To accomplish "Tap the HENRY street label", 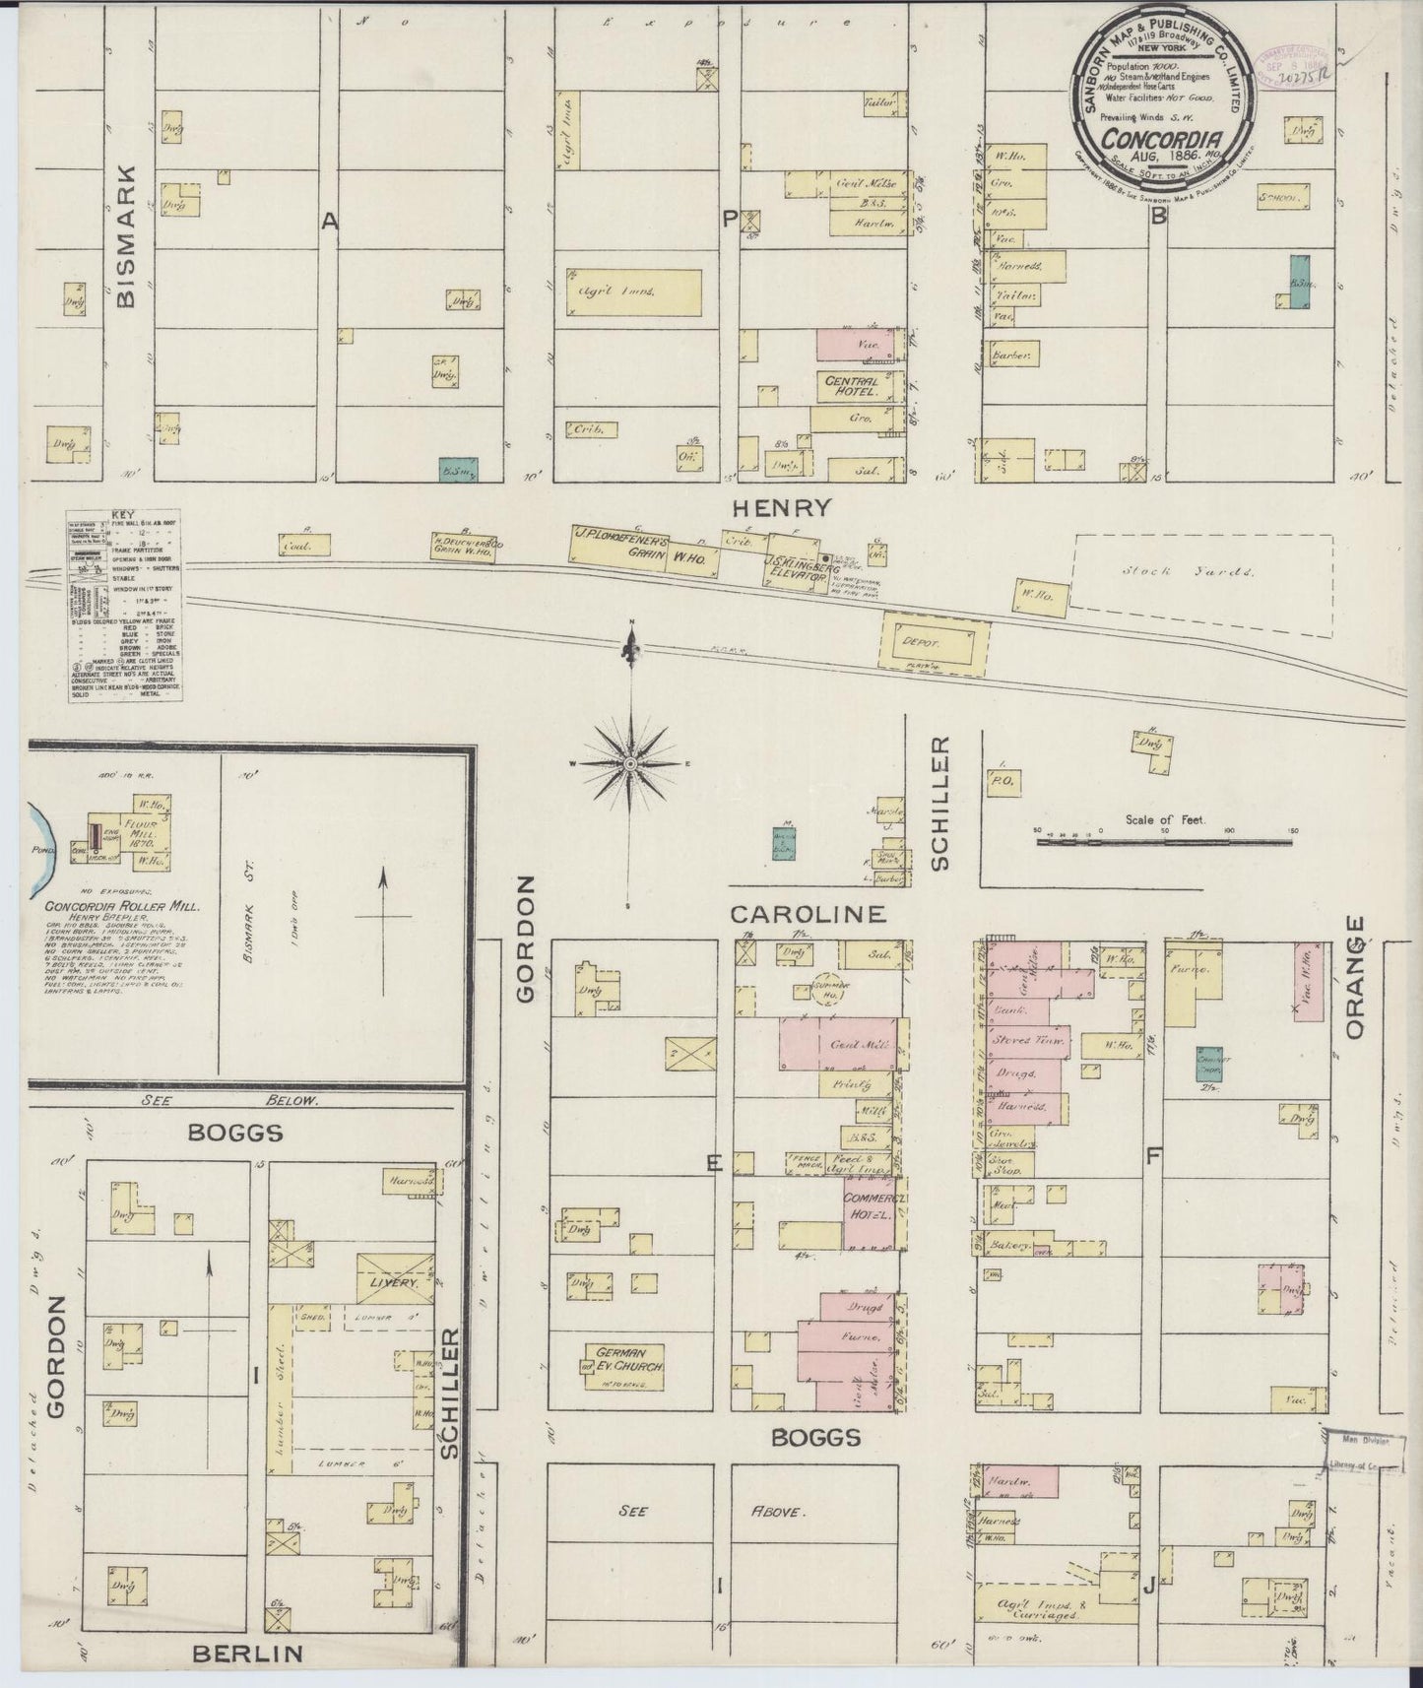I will tap(782, 508).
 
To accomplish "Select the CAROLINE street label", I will tap(808, 914).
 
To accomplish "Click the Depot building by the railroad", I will tap(933, 641).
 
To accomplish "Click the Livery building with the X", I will tap(394, 1277).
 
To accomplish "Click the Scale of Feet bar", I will tap(1164, 843).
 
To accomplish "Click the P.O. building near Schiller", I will tap(1005, 781).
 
